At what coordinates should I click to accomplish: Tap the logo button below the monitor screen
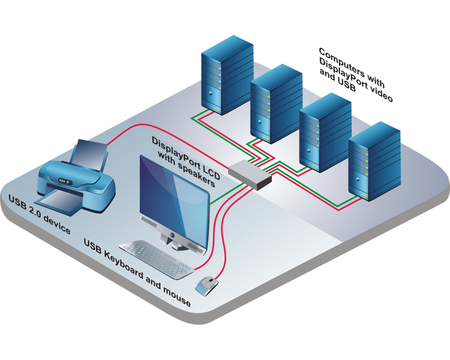[172, 234]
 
